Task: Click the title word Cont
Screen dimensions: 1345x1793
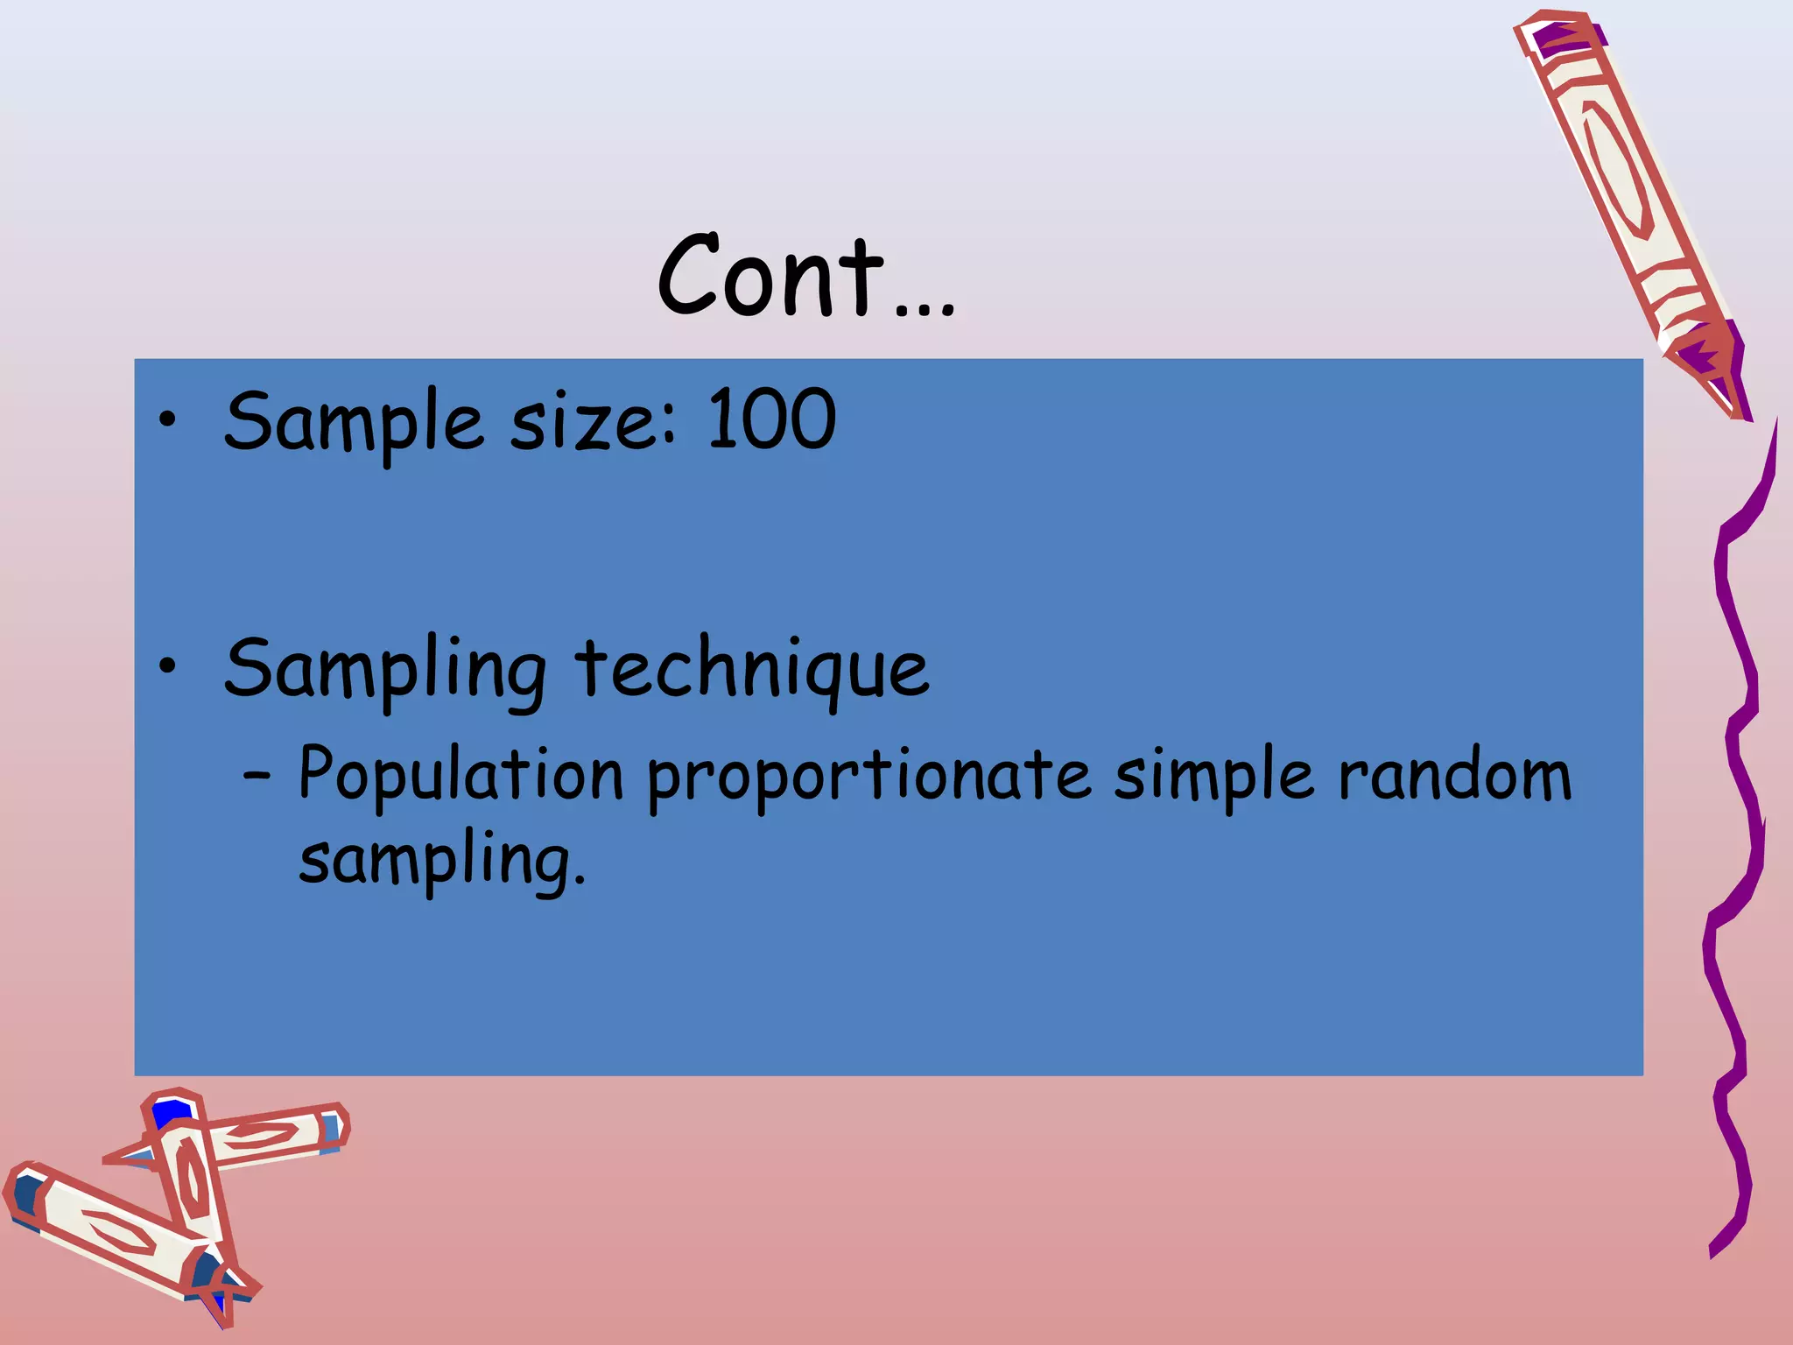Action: pos(770,276)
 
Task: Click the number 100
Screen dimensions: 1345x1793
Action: pos(771,420)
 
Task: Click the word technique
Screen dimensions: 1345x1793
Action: pos(752,671)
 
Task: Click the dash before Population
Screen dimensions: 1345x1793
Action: pos(257,774)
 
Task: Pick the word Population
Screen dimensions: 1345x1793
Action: pos(461,775)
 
